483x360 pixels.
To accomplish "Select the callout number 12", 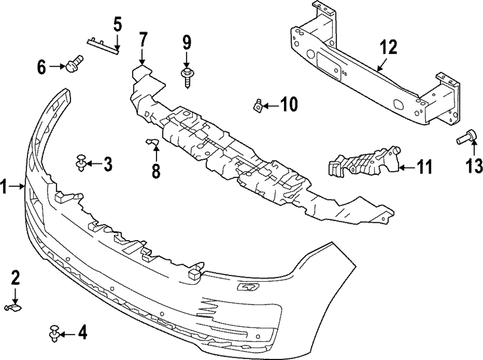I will point(388,47).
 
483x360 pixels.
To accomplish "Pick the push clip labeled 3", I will point(81,165).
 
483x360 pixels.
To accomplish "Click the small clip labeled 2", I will point(13,306).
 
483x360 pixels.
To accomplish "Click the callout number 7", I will point(142,41).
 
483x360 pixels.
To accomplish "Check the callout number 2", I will point(15,277).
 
